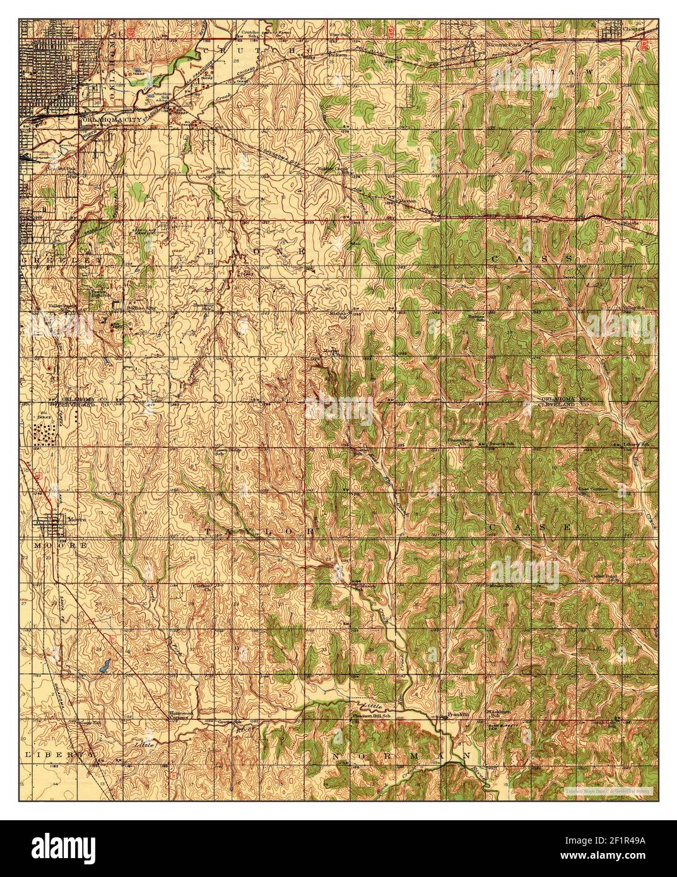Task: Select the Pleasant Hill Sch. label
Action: tap(374, 716)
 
